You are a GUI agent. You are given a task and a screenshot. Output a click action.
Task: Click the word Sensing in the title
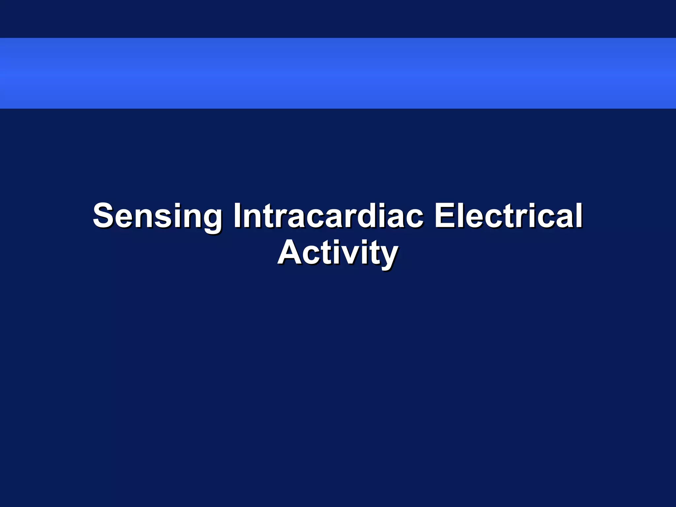[157, 216]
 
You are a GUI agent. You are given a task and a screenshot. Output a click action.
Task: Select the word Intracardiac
[328, 216]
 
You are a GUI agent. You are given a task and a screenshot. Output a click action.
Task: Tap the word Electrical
[508, 216]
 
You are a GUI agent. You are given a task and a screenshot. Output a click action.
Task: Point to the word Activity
[338, 253]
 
